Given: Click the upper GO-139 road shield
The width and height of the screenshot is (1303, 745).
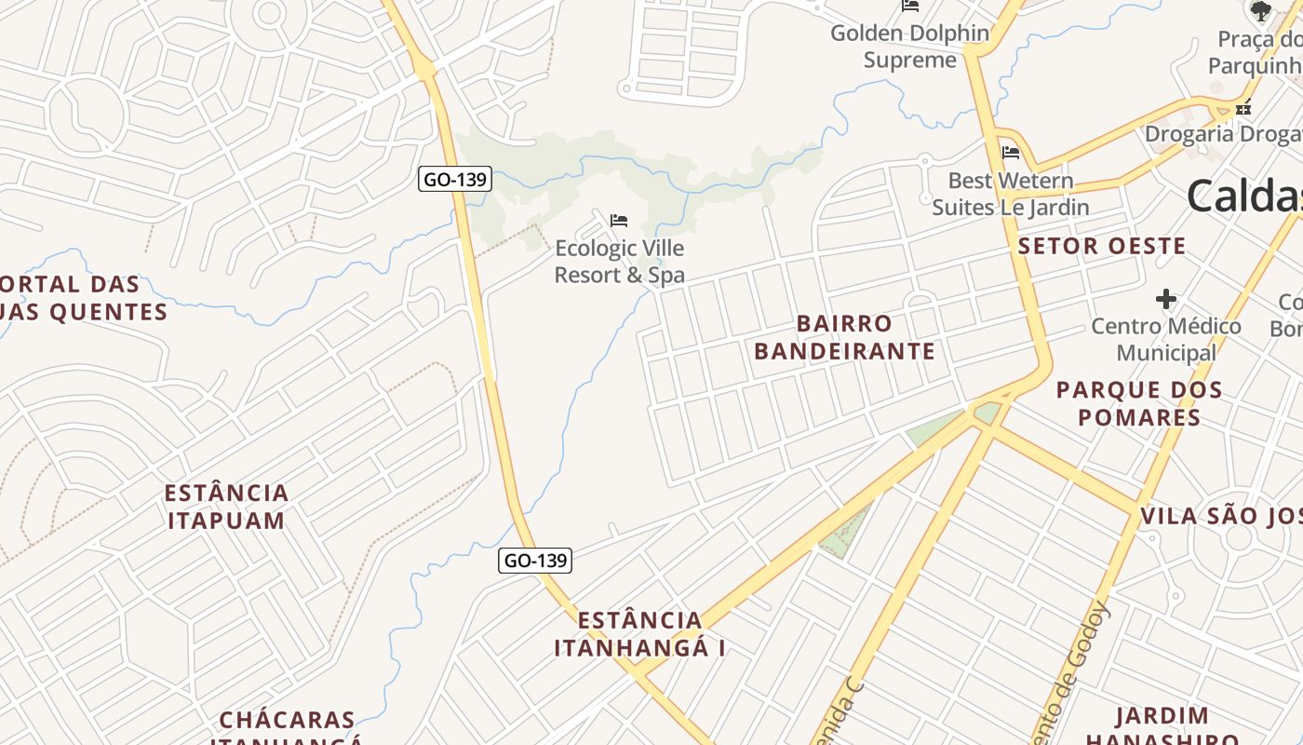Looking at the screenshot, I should [x=454, y=179].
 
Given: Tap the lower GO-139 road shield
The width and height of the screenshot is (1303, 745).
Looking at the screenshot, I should [x=535, y=560].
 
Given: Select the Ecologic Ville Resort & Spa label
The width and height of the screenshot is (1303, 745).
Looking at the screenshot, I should [x=619, y=262].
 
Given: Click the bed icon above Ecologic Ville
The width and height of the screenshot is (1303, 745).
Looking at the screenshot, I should [x=619, y=221].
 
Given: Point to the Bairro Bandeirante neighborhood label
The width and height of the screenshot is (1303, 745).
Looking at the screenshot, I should [x=844, y=337].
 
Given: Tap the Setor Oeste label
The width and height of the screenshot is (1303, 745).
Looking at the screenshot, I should [x=1102, y=247].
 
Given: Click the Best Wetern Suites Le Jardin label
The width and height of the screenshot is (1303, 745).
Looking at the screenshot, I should [x=1011, y=194].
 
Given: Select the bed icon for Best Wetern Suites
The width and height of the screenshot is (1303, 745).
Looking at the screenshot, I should [x=1011, y=152].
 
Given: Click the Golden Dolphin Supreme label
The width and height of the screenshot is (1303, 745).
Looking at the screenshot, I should [x=909, y=47].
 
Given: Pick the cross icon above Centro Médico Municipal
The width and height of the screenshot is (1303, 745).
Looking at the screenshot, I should [x=1165, y=299].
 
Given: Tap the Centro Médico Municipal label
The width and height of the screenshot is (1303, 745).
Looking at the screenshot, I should [x=1166, y=340].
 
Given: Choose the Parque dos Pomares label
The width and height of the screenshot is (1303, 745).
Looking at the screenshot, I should [x=1139, y=403].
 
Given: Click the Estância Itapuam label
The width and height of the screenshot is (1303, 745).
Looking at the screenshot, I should [x=227, y=507].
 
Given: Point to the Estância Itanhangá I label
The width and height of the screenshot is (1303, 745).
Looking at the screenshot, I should [x=639, y=634].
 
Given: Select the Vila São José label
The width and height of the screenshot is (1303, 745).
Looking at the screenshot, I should [x=1220, y=517].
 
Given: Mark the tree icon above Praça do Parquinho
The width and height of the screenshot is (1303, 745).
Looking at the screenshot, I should [x=1261, y=11].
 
